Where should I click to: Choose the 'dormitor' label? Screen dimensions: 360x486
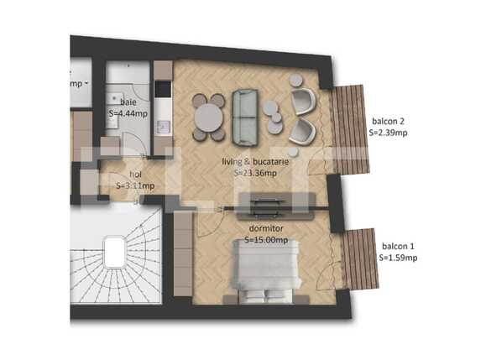(x=267, y=227)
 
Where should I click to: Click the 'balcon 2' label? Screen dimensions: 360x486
(x=389, y=119)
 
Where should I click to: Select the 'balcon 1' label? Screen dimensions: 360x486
(x=399, y=246)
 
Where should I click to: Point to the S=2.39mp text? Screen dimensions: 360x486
(x=389, y=131)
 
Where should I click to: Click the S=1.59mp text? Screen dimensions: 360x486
(x=399, y=258)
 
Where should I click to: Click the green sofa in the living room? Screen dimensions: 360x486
(x=245, y=116)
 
